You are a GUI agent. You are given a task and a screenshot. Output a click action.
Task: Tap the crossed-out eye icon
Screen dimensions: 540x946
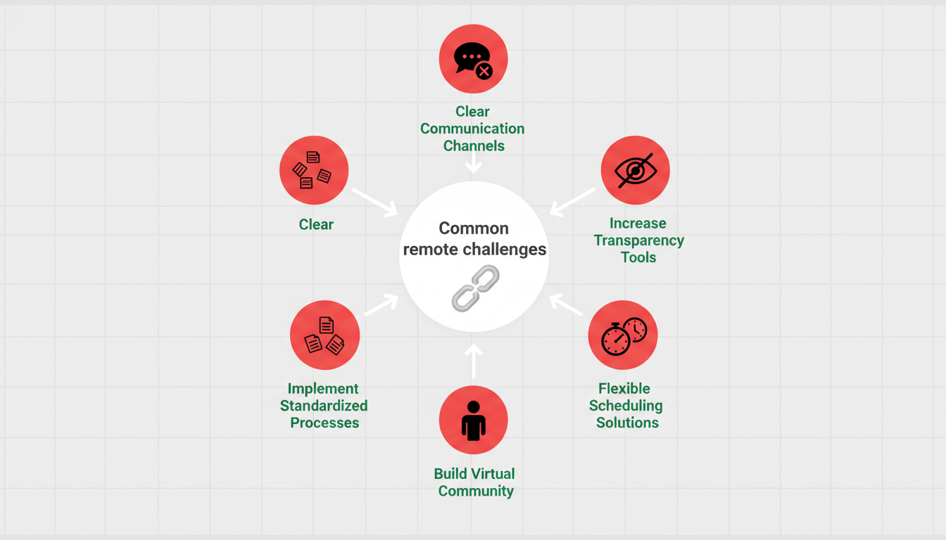(x=635, y=171)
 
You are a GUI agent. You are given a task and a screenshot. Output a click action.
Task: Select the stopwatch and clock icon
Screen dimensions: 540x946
(x=623, y=335)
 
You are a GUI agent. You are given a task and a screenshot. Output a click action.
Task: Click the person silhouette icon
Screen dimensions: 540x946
(x=473, y=420)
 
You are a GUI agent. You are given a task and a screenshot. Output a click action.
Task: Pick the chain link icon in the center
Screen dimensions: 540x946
(x=474, y=288)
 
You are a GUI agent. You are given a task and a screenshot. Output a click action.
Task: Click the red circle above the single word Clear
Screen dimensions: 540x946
(x=314, y=170)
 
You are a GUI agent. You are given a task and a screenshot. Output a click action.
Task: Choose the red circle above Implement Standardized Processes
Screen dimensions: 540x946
(x=324, y=335)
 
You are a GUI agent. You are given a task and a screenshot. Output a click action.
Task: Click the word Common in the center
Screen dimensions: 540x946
(x=473, y=229)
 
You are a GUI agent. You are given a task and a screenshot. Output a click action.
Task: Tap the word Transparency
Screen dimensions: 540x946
(x=638, y=240)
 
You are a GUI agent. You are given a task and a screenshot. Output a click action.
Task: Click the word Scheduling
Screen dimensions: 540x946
(x=626, y=406)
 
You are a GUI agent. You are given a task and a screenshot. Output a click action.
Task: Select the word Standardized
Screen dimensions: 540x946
(x=324, y=406)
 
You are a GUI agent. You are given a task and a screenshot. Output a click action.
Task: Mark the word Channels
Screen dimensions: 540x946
(x=473, y=146)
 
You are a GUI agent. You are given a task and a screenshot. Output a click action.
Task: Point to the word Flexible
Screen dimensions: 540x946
(x=624, y=389)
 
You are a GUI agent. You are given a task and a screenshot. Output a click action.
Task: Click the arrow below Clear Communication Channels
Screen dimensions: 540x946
(x=474, y=165)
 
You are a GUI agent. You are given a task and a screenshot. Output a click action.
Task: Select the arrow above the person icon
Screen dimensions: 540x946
(x=474, y=359)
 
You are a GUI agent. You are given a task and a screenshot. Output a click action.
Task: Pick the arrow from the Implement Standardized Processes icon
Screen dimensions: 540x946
(x=381, y=305)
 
